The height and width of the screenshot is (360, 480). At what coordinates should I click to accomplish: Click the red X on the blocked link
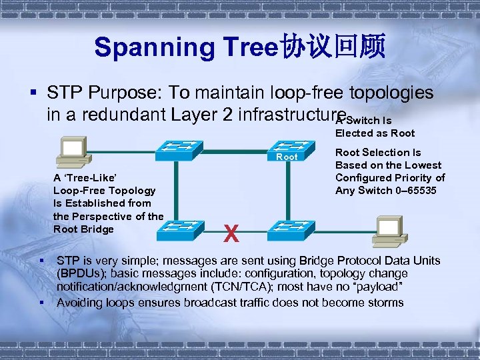(x=231, y=233)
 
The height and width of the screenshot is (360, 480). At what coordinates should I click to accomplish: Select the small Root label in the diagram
(x=287, y=157)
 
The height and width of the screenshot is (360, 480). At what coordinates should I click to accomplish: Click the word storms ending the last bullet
(x=385, y=303)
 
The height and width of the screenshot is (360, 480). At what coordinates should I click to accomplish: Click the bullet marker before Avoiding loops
(x=41, y=303)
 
